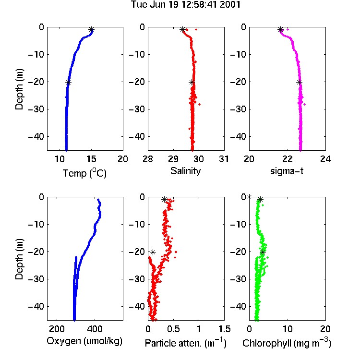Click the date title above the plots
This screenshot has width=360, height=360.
pyautogui.click(x=185, y=5)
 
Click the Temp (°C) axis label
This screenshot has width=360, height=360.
pyautogui.click(x=84, y=173)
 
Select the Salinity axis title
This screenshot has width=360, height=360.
pyautogui.click(x=185, y=171)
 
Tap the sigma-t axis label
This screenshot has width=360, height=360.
pyautogui.click(x=287, y=171)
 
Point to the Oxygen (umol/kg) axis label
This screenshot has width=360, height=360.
pyautogui.click(x=84, y=341)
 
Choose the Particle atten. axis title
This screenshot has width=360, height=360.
pyautogui.click(x=185, y=343)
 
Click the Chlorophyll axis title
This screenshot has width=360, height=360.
pyautogui.click(x=287, y=343)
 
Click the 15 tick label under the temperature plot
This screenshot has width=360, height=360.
pyautogui.click(x=91, y=159)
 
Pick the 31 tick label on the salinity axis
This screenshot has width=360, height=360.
pyautogui.click(x=224, y=159)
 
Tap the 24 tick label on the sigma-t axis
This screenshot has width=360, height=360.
pyautogui.click(x=325, y=159)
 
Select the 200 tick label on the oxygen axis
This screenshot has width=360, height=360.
pyautogui.click(x=57, y=329)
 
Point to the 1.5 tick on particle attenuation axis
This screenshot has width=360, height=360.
pyautogui.click(x=224, y=329)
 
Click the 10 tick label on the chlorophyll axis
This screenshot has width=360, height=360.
pyautogui.click(x=288, y=329)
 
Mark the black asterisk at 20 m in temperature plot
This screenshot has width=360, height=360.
pyautogui.click(x=68, y=83)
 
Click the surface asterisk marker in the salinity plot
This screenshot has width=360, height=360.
pyautogui.click(x=182, y=29)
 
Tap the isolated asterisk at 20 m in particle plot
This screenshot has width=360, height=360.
pyautogui.click(x=153, y=252)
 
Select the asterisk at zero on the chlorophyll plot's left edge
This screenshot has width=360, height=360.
pyautogui.click(x=249, y=197)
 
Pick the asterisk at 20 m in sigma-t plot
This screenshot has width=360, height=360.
pyautogui.click(x=299, y=83)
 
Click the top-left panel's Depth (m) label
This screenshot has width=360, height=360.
pyautogui.click(x=19, y=89)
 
